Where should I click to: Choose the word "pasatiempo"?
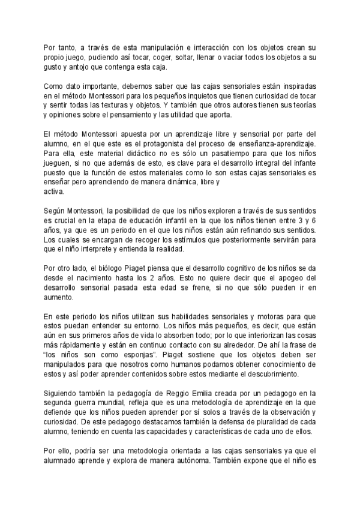click(x=230, y=154)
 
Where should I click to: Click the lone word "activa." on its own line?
click(x=55, y=193)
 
